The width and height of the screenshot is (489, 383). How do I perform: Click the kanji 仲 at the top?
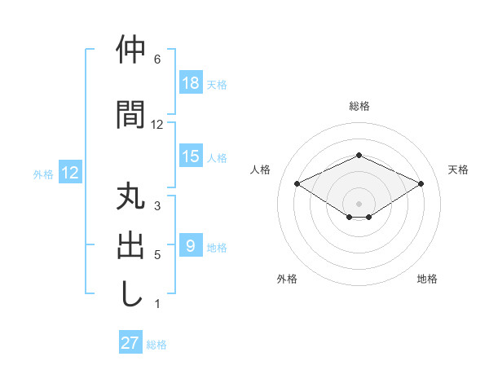(130, 51)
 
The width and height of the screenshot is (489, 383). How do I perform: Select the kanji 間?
(130, 114)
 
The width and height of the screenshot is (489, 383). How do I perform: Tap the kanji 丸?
(130, 198)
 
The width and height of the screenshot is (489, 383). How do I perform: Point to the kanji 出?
(130, 245)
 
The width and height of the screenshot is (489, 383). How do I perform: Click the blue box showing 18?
(191, 83)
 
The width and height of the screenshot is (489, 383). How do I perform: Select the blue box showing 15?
(191, 156)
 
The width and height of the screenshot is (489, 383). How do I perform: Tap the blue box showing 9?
(191, 246)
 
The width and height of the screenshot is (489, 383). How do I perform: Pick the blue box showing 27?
(130, 343)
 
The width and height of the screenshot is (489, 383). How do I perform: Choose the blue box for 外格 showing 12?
(69, 173)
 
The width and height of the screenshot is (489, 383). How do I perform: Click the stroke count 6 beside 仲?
(157, 59)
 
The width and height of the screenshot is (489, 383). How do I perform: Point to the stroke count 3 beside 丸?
(157, 205)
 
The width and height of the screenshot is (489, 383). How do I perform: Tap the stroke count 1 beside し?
(157, 304)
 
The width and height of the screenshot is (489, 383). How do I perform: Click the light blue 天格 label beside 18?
(217, 84)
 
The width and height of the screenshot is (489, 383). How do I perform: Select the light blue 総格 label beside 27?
(156, 344)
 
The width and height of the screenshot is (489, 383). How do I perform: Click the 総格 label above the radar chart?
(359, 106)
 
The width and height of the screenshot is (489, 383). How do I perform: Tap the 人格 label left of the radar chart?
(261, 169)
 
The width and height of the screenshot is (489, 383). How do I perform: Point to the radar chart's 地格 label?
(427, 279)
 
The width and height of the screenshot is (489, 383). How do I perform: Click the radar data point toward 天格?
(421, 183)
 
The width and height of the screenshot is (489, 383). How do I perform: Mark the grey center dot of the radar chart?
(359, 201)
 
